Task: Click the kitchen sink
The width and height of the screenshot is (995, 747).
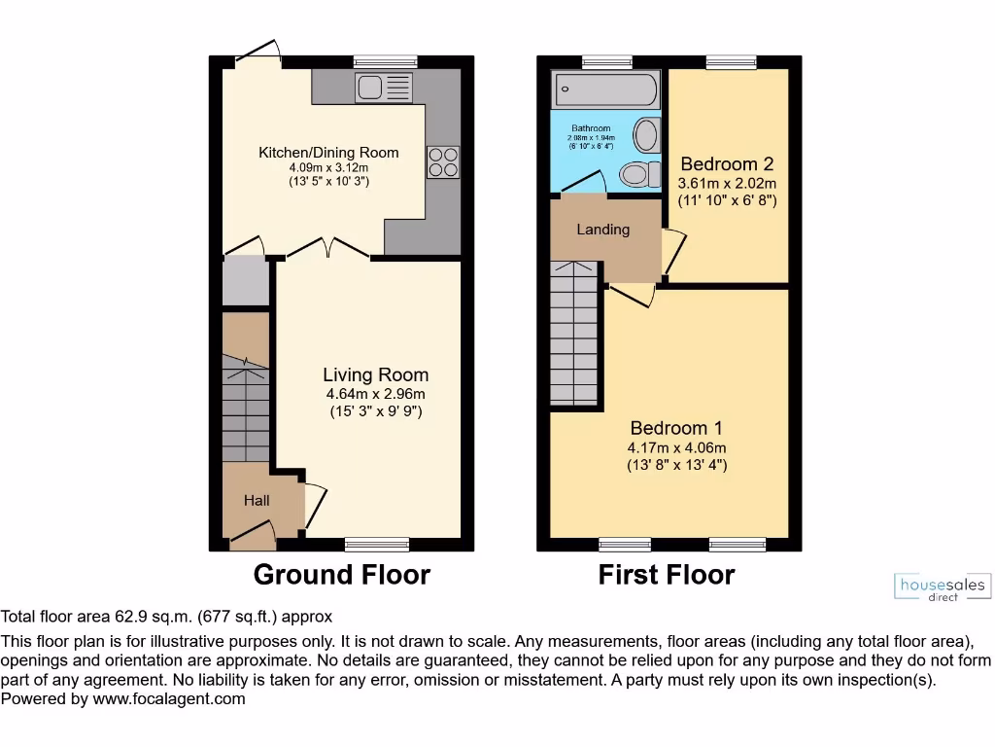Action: (x=385, y=88)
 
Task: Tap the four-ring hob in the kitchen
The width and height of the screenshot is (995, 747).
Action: (x=442, y=161)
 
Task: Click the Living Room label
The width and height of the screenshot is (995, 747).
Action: (x=375, y=374)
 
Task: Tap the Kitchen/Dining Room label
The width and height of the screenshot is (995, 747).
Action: (x=328, y=153)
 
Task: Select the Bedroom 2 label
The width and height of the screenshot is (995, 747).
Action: (x=727, y=163)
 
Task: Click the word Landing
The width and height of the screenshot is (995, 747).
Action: (x=602, y=230)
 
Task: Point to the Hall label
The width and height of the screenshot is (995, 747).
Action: (x=257, y=501)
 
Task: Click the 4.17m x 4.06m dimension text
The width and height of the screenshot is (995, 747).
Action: (x=676, y=448)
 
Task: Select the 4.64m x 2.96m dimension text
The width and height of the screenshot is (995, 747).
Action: (x=375, y=394)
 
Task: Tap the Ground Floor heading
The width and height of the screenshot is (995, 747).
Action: (x=341, y=575)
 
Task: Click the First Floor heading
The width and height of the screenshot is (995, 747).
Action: (x=666, y=575)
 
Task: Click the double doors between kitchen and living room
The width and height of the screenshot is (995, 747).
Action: (x=327, y=250)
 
